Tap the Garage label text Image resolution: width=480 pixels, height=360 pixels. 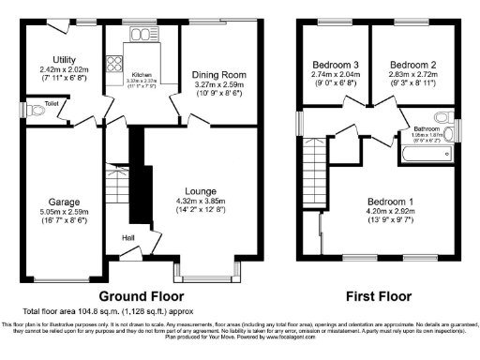tap(64, 202)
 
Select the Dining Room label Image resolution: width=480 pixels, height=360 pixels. tap(217, 74)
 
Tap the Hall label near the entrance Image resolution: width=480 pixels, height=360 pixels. tap(127, 237)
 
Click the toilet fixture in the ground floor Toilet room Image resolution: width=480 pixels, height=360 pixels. tap(37, 111)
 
